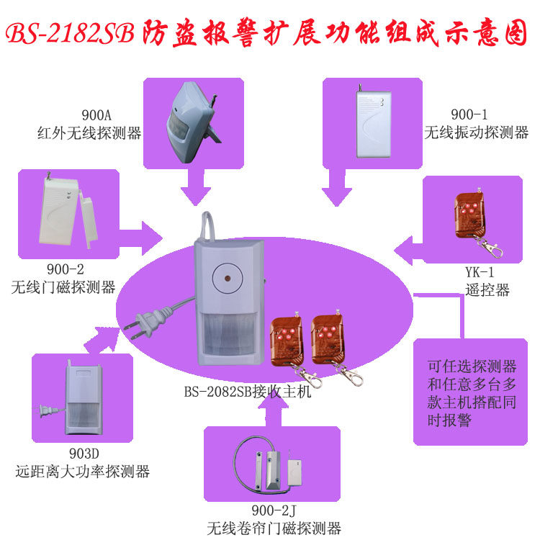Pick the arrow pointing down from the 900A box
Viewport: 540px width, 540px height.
coord(194,189)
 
